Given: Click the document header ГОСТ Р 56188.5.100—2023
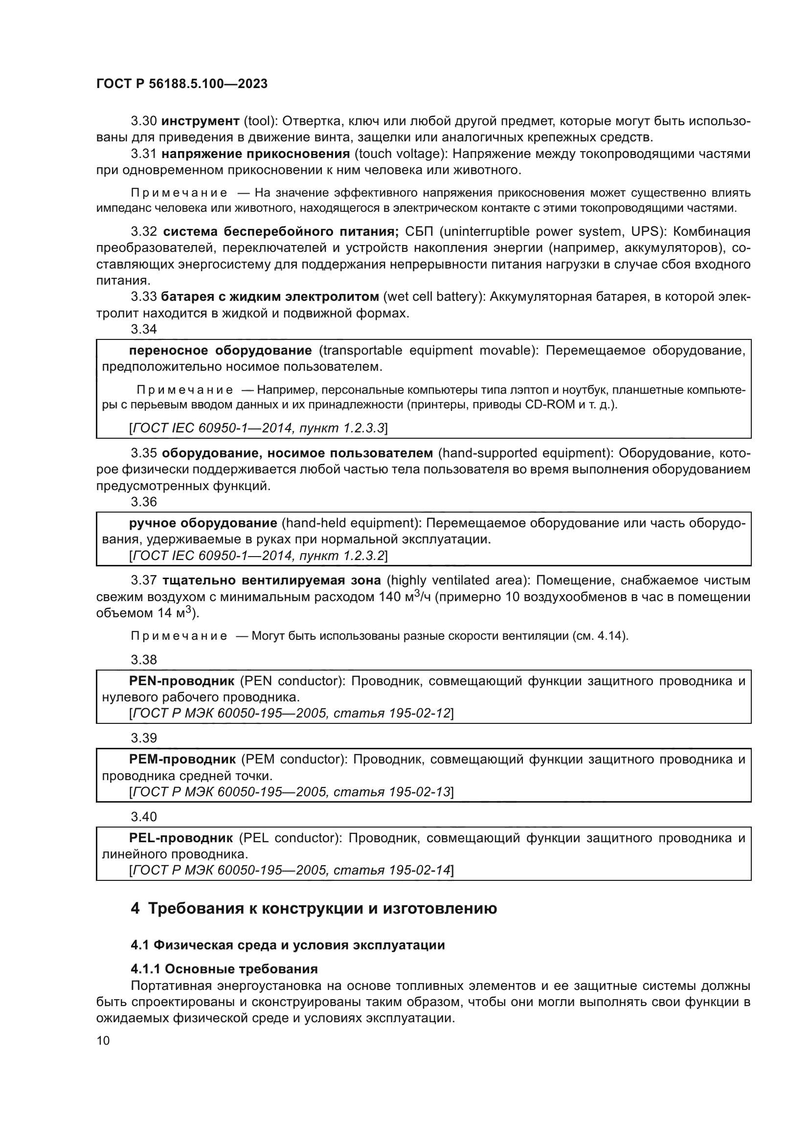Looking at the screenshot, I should pos(182,84).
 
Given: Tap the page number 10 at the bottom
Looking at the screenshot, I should pos(103,1040).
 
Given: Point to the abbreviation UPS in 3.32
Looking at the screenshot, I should pos(643,232).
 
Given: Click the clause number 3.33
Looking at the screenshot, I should pos(144,297).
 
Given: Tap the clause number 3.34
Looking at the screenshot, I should pos(144,329).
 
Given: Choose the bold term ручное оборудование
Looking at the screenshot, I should pos(203,523).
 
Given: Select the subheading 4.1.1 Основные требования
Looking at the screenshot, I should pos(224,969).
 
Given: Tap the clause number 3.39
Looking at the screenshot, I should pos(144,738).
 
